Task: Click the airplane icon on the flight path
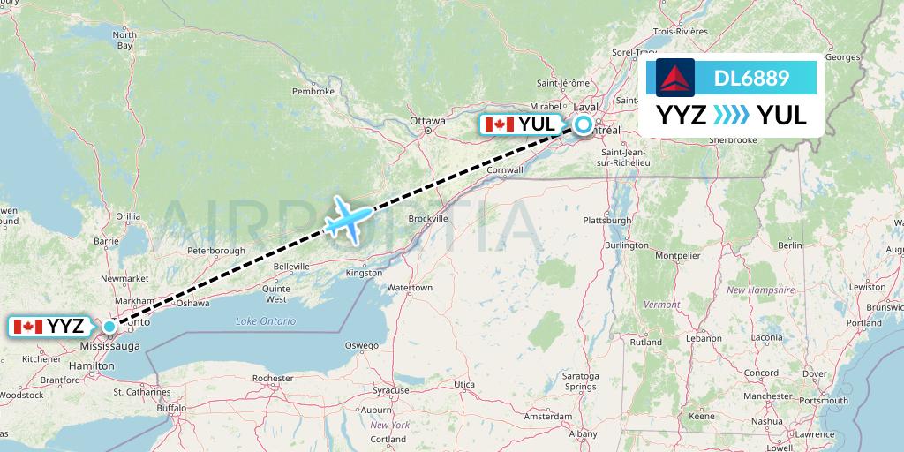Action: click(x=350, y=217)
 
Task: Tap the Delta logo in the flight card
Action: click(x=675, y=78)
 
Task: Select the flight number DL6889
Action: click(x=751, y=79)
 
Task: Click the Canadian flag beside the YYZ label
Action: click(x=28, y=327)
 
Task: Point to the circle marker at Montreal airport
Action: click(x=584, y=125)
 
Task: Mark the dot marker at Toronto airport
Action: click(x=109, y=327)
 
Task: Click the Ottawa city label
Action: click(x=427, y=121)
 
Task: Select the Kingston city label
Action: click(x=365, y=273)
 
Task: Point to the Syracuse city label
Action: click(x=390, y=389)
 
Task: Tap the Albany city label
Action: click(x=584, y=433)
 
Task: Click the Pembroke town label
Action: click(x=313, y=91)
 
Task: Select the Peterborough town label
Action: click(x=216, y=251)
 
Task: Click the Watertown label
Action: click(x=410, y=288)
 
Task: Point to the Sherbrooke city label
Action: click(x=732, y=139)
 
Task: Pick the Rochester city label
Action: click(x=272, y=378)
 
